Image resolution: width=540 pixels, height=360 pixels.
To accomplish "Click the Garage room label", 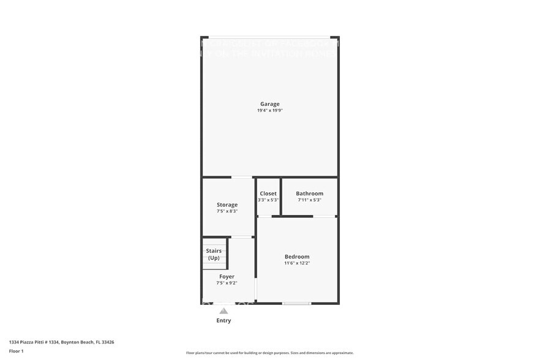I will pos(269,104).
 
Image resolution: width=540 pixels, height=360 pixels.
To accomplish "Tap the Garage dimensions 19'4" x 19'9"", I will pos(269,111).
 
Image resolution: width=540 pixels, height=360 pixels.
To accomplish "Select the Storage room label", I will pos(227,204).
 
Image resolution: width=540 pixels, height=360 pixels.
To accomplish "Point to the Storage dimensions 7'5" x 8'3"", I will pos(227,211).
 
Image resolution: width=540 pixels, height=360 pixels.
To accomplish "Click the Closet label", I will pos(268,193).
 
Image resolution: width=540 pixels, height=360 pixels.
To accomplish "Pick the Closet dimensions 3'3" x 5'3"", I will pos(268,200).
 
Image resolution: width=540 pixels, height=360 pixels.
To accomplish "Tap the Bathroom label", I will pos(309,193).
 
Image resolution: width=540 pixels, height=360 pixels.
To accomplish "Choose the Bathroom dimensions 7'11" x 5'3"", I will pos(309,200).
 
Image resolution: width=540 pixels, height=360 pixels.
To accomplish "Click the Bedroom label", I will pos(297,257).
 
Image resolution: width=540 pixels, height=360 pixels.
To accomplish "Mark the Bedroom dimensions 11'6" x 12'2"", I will pos(297,263).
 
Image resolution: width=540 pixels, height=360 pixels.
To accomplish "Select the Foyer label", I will pos(227,277).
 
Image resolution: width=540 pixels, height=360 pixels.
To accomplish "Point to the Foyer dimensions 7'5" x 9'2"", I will pos(227,283).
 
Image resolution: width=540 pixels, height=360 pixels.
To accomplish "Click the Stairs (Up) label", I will pos(214,254).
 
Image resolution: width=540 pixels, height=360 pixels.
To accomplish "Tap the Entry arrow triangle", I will pos(223,311).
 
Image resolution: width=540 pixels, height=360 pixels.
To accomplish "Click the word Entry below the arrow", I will pos(223,321).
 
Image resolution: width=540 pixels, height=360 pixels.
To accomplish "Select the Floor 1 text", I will pos(17,351).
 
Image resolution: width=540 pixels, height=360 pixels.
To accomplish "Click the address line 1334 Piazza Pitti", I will pos(62,342).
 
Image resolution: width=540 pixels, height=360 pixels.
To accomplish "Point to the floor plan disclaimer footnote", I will pos(269,353).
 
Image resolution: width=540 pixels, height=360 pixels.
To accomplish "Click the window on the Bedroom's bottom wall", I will pos(296,303).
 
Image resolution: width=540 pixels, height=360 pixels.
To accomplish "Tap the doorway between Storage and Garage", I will pos(242,178).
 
